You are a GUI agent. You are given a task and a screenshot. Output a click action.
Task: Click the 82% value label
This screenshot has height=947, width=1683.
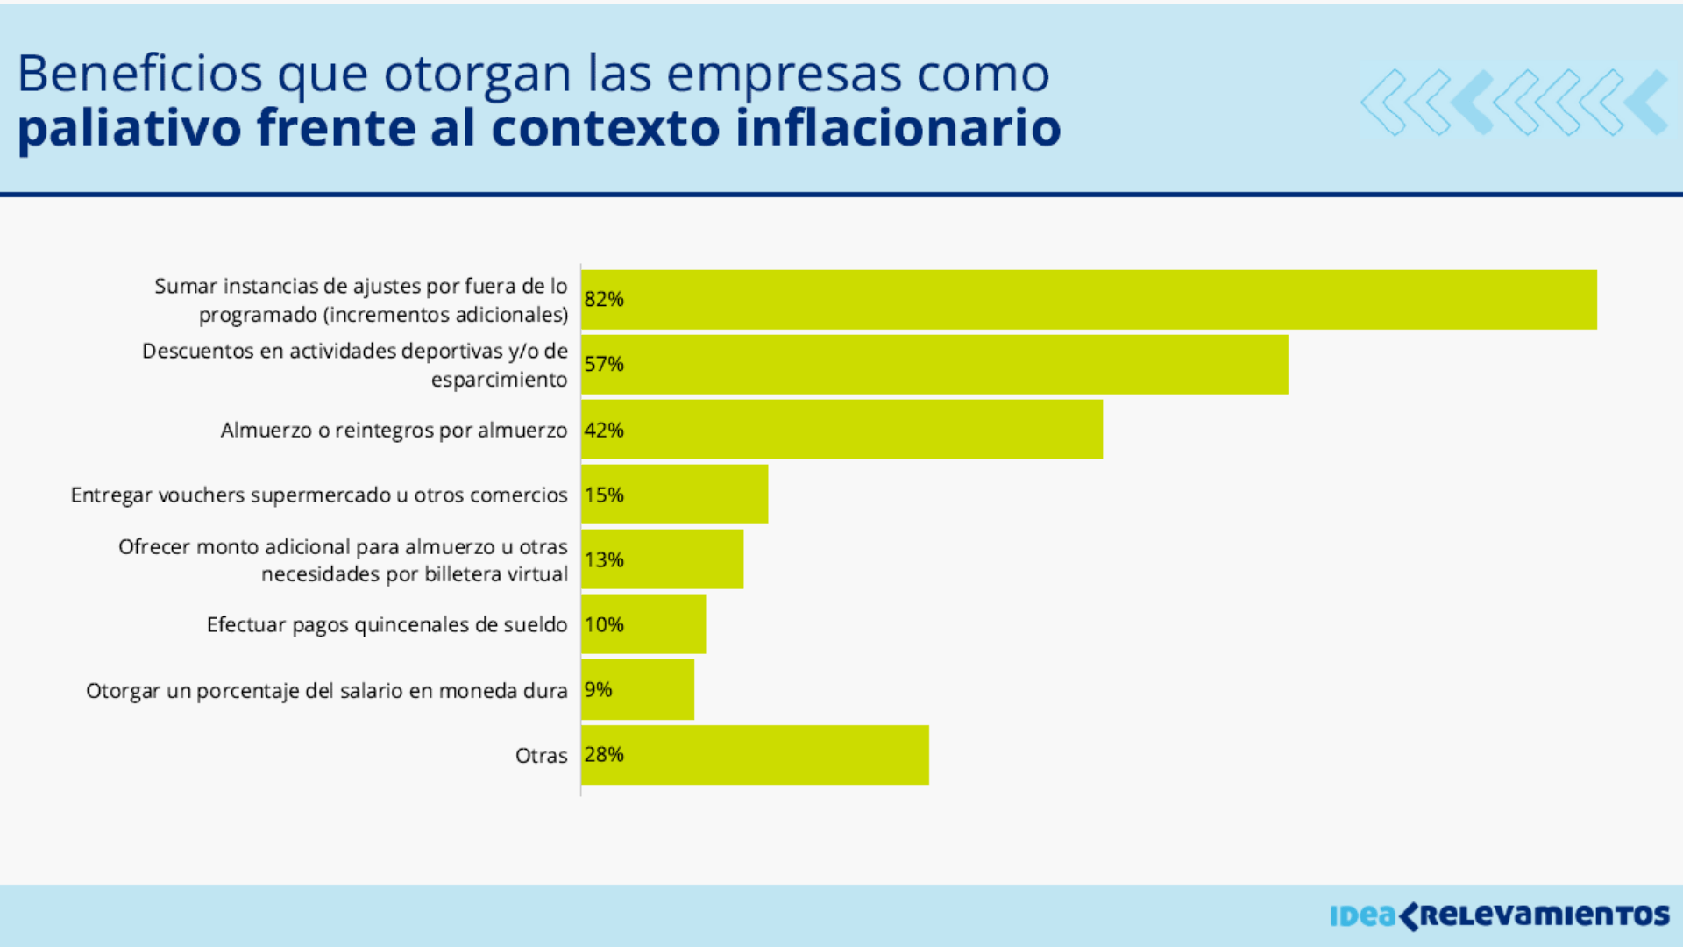[x=604, y=299]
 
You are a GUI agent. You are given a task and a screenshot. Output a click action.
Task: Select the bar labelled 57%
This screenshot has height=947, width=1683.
[x=934, y=365]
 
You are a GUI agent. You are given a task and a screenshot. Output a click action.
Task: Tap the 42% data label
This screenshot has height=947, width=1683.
[x=604, y=430]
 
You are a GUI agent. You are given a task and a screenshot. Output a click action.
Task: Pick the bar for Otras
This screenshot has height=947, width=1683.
[x=755, y=755]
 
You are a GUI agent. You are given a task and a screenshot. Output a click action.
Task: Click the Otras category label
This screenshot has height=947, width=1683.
[x=541, y=755]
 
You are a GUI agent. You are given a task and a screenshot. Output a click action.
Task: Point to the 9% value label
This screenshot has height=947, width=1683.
[x=598, y=690]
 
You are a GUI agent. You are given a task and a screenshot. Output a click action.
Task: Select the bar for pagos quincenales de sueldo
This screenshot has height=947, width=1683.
[x=643, y=624]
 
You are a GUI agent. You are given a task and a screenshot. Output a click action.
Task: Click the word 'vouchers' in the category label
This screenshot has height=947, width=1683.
[x=201, y=495]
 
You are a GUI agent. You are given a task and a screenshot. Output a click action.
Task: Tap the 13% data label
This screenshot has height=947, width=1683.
[x=604, y=559]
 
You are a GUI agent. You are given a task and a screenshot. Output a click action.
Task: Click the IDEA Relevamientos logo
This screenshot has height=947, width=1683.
[x=1499, y=915]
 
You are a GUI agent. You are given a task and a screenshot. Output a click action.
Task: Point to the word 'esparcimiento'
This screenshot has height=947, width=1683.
[x=499, y=380]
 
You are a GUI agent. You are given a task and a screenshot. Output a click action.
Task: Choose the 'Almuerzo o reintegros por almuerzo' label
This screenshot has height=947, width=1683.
[x=394, y=431]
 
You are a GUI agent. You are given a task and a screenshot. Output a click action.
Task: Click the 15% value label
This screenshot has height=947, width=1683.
[x=604, y=495]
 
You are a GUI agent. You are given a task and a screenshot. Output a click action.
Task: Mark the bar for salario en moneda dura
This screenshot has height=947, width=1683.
[x=638, y=690]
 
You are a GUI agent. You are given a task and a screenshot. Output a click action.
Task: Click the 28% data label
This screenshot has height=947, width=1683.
[x=604, y=755]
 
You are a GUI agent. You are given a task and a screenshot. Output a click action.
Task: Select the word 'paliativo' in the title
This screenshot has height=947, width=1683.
[x=129, y=128]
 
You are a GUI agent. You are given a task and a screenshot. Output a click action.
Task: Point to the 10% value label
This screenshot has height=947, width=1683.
[x=604, y=624]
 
